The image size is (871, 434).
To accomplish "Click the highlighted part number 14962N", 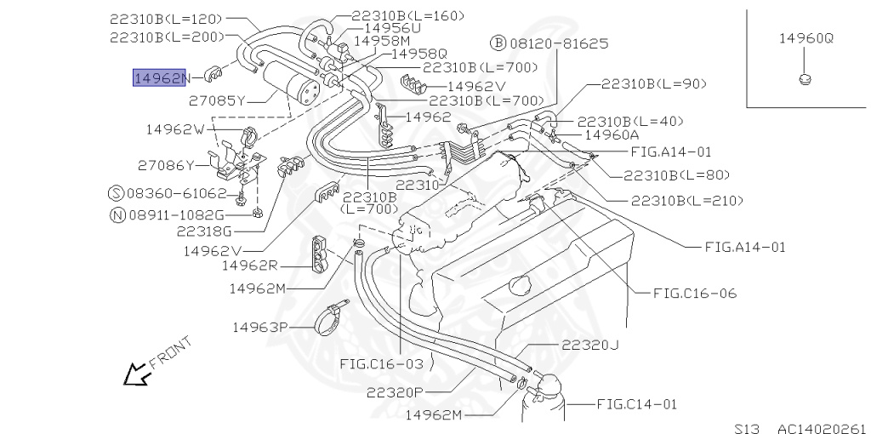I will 159,78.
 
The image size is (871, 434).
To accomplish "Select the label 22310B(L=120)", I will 165,17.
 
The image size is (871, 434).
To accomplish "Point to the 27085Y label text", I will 217,100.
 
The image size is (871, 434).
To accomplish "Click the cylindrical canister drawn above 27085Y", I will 293,81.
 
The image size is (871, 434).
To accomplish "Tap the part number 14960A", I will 611,134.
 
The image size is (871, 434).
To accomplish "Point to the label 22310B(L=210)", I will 687,201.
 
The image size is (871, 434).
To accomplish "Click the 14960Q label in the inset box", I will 806,38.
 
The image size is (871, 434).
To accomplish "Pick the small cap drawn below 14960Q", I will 805,80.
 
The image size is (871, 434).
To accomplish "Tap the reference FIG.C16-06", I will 694,294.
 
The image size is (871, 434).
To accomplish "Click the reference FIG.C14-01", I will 636,403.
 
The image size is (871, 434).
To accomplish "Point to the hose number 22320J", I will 589,345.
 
